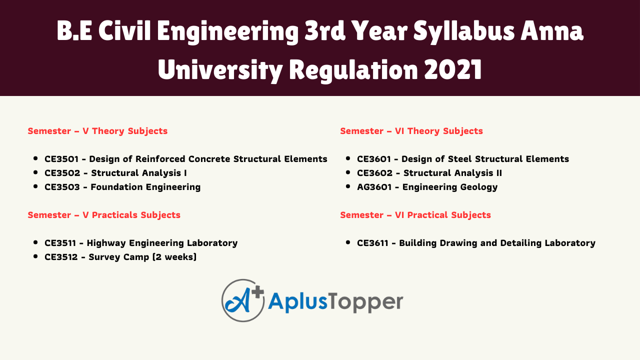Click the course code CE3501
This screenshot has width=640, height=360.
pos(61,159)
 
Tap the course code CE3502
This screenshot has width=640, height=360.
pos(62,173)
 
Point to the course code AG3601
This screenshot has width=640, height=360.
pos(374,187)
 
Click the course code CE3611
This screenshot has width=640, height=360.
pos(372,243)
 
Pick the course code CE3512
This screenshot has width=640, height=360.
pos(61,257)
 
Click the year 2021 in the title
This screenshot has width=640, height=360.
pos(453,69)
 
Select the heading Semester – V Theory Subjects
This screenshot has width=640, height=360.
pos(97,131)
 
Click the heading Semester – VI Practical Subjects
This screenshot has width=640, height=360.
pos(415,215)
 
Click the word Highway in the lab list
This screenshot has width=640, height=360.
pos(106,243)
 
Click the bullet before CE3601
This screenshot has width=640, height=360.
pos(348,158)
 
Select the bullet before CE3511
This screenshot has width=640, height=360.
pos(35,242)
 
